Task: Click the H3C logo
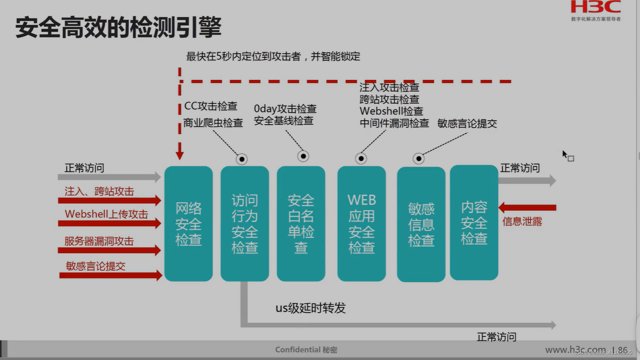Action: [x=595, y=8]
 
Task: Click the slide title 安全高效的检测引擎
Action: [x=118, y=27]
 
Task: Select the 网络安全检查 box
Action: [x=189, y=224]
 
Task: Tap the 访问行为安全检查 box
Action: [x=245, y=224]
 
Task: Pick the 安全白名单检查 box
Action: [x=301, y=224]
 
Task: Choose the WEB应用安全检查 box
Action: [x=361, y=224]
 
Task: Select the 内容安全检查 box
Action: [x=474, y=223]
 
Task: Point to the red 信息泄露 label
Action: [x=522, y=221]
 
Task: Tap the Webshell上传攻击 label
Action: [x=107, y=214]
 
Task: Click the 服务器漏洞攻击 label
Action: [x=99, y=241]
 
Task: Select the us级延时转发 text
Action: [x=311, y=308]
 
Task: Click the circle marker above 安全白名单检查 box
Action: [x=303, y=156]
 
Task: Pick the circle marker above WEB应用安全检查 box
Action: [x=361, y=158]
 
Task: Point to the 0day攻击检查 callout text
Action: [x=285, y=109]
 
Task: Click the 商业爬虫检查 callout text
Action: [x=213, y=123]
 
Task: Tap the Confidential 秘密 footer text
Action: [x=306, y=349]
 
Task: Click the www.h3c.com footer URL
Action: [x=575, y=349]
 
